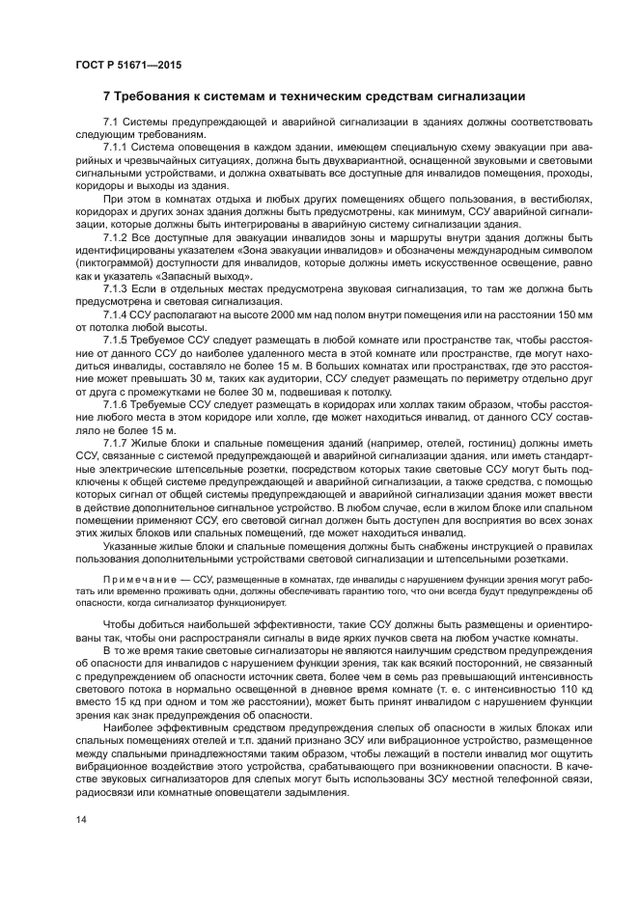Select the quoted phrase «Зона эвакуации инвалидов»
tap(273, 249)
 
